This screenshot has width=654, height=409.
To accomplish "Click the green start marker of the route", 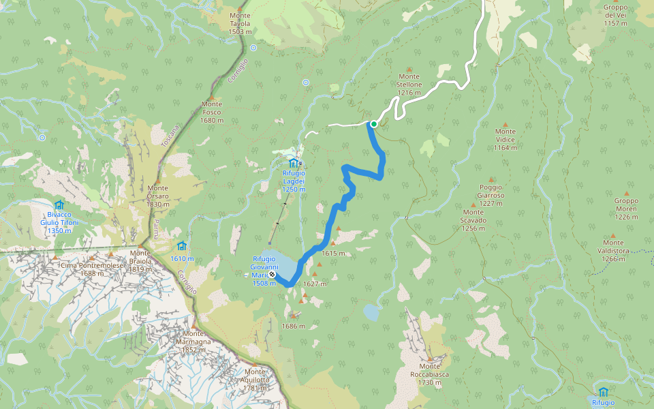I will point(373,124).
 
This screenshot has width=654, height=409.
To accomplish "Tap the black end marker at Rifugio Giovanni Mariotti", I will point(272,274).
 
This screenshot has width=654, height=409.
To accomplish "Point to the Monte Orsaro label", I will point(157,196).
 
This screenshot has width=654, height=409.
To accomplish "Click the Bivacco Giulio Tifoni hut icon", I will point(59,204).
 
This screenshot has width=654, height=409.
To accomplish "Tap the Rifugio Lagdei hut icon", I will point(294,162).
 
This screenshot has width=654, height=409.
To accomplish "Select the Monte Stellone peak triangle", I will point(409,69).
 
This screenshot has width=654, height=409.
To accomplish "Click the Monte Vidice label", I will point(505,139).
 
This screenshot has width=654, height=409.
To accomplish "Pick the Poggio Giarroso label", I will point(490,191).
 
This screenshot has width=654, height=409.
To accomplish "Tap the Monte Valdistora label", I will point(612,250).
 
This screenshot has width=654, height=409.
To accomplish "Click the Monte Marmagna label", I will point(193,342).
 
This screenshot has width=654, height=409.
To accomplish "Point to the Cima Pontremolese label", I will point(92,269).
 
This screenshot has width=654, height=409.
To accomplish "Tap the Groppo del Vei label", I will point(615,15).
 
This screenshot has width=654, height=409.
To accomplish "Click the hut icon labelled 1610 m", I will point(181,245).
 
